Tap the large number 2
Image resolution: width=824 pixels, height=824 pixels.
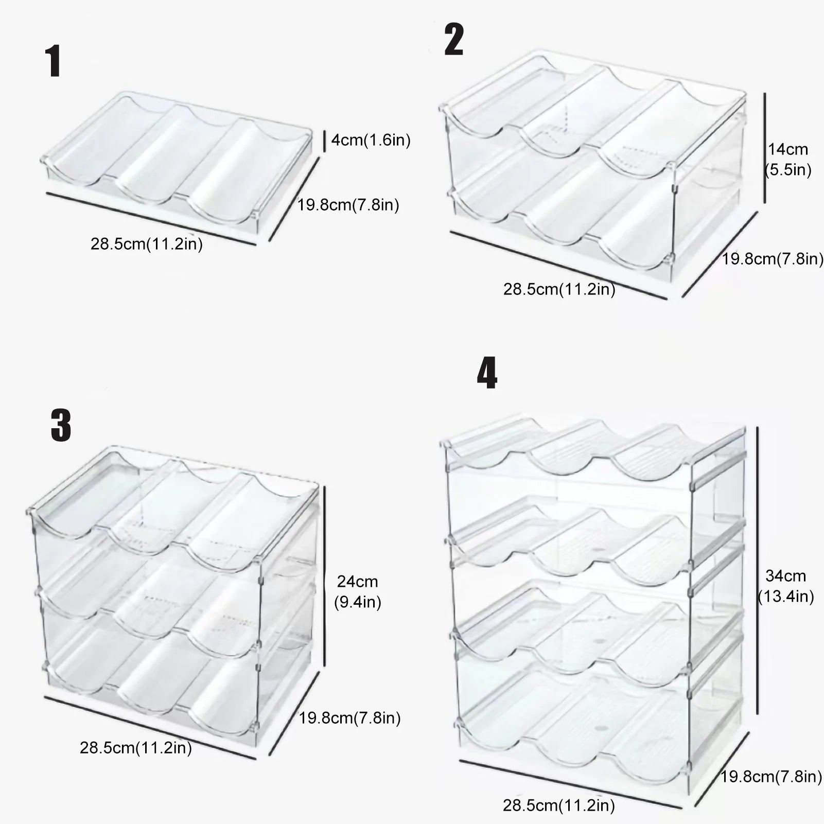(453, 40)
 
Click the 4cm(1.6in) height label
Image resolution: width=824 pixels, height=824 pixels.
(371, 140)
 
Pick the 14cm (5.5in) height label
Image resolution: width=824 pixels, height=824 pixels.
(788, 160)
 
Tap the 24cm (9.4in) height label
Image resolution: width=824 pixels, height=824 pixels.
(357, 592)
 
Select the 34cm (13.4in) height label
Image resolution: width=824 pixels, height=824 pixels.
(786, 586)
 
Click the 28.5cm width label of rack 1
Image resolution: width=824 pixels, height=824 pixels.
(147, 244)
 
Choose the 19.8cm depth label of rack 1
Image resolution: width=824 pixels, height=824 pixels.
(348, 205)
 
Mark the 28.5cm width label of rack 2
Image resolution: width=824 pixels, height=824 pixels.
(559, 289)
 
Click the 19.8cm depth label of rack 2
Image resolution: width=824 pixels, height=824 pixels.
(772, 259)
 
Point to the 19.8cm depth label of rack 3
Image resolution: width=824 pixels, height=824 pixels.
(350, 717)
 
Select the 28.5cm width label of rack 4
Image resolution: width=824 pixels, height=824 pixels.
(559, 805)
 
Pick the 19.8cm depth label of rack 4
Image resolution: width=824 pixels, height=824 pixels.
(771, 776)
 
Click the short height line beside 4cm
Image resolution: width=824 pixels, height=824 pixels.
(324, 141)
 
